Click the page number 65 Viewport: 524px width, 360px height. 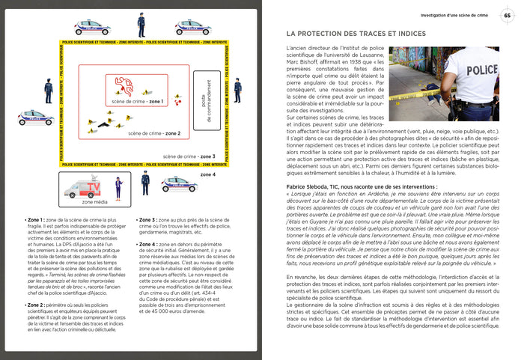coord(507,15)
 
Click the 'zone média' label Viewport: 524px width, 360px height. coord(94,201)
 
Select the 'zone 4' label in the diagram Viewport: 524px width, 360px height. coord(207,174)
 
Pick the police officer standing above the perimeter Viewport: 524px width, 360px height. coord(141,24)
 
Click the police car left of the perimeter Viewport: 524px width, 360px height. coord(35,117)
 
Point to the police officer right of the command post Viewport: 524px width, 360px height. coord(237,90)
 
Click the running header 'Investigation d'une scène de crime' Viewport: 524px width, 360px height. coord(453,15)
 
